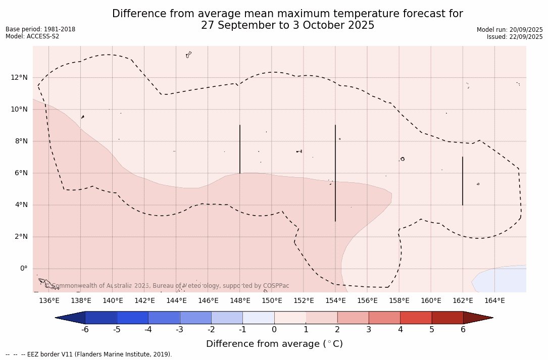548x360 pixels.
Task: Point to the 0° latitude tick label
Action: click(x=23, y=269)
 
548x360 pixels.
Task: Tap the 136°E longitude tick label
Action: click(x=49, y=301)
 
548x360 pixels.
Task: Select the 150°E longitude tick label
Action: click(x=272, y=301)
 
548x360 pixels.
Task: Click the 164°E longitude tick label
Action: click(x=494, y=301)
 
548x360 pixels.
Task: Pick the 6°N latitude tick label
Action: click(x=21, y=173)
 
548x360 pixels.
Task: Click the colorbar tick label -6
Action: click(x=85, y=330)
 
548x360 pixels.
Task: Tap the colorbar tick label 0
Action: click(x=274, y=330)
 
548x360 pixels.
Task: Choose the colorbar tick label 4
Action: click(x=400, y=330)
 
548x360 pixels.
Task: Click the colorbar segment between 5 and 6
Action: click(x=447, y=318)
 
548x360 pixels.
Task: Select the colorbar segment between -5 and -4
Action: click(x=132, y=318)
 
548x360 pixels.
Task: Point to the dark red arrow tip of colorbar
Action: click(x=480, y=318)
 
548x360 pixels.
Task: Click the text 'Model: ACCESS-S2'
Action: click(x=32, y=36)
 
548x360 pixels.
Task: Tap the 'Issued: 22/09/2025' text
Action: click(x=515, y=37)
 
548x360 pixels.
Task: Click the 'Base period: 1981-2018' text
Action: click(x=40, y=29)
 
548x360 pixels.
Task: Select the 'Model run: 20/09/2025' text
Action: click(x=510, y=30)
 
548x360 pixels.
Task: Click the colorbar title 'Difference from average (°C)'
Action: click(x=274, y=344)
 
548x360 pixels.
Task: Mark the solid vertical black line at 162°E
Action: click(x=463, y=181)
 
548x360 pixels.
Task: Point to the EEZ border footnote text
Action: click(x=88, y=354)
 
